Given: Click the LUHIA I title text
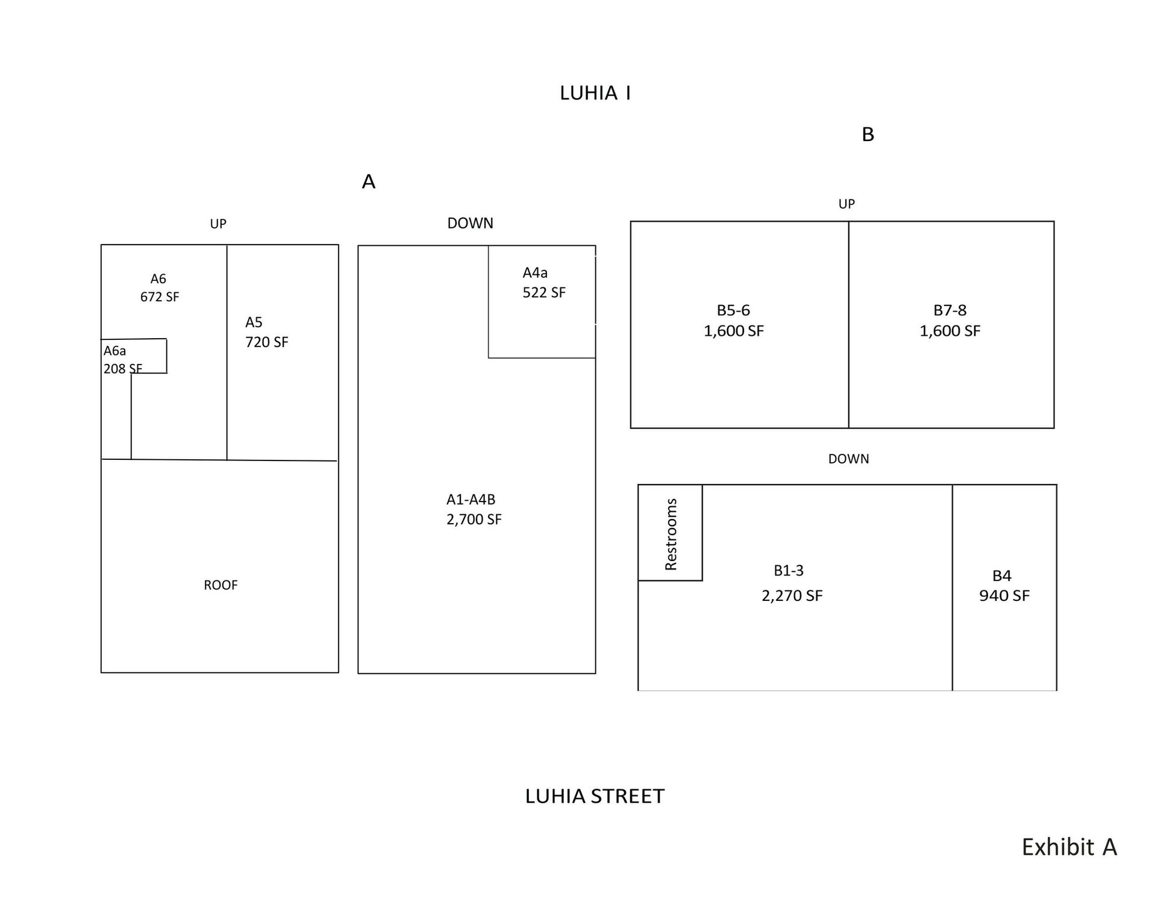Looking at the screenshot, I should (595, 93).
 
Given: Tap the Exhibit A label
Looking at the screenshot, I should (1069, 847).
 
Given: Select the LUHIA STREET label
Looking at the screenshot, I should (595, 796).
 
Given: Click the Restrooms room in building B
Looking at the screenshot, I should (671, 533).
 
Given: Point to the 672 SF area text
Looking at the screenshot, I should (160, 297).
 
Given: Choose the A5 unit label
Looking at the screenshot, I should (254, 322).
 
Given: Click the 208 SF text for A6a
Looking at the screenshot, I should (122, 369).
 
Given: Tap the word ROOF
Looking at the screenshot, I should (221, 585).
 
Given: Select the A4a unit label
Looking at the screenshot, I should (535, 273).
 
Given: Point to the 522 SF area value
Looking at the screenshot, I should (544, 292).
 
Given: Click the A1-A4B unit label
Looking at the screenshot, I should (471, 500).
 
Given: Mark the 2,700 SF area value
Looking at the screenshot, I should (474, 519).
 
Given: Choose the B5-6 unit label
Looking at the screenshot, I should (733, 310).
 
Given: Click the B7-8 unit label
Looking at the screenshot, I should (949, 310).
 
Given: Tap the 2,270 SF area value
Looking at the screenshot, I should (792, 596).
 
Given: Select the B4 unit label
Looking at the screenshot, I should (1001, 576).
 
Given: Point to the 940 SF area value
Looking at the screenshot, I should (1004, 596).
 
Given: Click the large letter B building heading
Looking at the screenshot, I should (868, 134).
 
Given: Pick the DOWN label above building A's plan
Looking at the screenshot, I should (470, 224).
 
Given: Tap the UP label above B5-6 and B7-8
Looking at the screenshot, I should (846, 204).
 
